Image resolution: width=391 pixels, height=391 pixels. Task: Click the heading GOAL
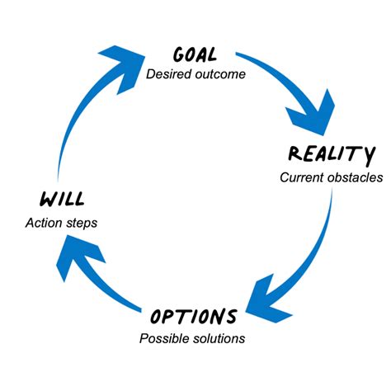coord(195,55)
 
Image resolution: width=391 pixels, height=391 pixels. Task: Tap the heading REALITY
coord(331,153)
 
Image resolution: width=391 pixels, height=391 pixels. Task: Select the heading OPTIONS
coord(194,317)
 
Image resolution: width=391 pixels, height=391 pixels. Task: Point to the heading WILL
coord(62,199)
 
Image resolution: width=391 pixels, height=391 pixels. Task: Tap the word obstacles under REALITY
coord(355,177)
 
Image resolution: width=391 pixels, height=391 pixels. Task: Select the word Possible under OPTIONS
coord(162,338)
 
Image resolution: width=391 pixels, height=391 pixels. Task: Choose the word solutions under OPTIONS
coord(217,338)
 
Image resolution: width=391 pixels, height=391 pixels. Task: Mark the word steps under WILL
coord(83,222)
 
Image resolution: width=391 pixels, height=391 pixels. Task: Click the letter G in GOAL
coord(179,55)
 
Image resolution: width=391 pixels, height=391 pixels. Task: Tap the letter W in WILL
coord(47,199)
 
